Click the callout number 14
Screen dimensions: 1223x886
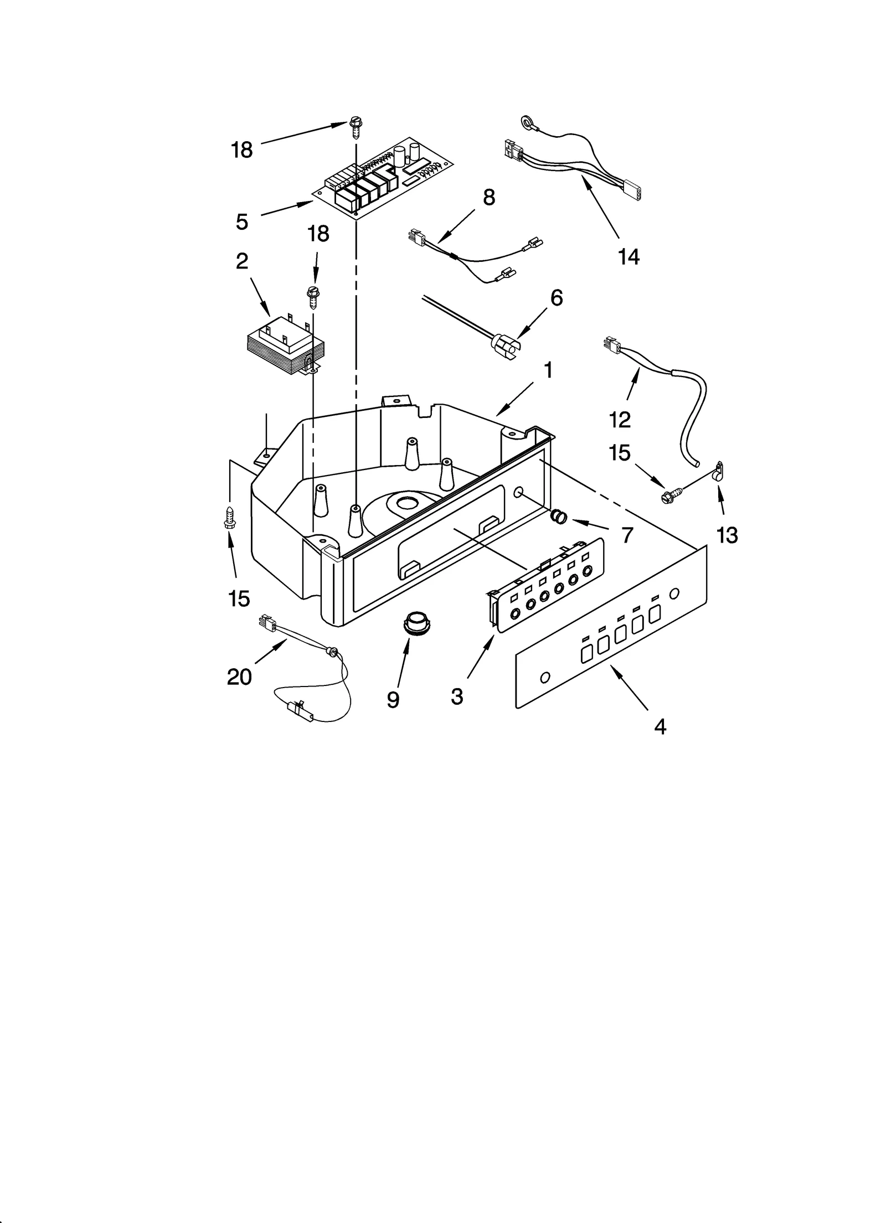pos(629,256)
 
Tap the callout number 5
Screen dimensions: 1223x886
pos(242,221)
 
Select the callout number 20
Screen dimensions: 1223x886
pos(239,677)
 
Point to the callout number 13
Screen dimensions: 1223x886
pos(727,535)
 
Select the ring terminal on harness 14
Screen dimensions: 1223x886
pos(524,121)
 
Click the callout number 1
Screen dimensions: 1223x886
pos(548,370)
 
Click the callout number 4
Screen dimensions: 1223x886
pos(660,727)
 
